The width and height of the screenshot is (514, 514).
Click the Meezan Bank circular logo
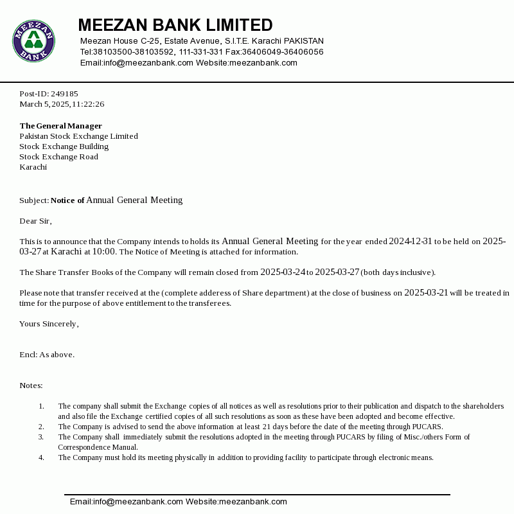tap(33, 40)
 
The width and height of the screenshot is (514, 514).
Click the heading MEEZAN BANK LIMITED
tap(175, 25)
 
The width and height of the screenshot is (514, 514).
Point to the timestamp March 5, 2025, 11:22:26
tap(62, 104)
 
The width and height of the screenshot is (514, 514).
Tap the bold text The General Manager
tap(60, 126)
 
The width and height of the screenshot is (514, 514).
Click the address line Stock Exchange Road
tap(58, 157)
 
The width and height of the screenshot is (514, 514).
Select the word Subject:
tap(34, 200)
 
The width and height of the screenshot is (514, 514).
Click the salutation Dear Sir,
tap(35, 221)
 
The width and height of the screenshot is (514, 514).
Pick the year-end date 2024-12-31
tap(411, 242)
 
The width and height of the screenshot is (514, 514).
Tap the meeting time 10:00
tap(104, 252)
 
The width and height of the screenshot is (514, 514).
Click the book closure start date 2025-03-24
tap(282, 272)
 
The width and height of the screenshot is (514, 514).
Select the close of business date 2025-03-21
tap(426, 293)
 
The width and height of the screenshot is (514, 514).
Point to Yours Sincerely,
tap(49, 324)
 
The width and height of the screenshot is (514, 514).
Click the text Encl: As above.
tap(47, 355)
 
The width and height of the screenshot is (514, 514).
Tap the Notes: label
tap(31, 385)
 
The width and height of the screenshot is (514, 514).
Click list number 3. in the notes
tap(41, 437)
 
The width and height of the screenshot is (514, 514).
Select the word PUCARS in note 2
tap(427, 427)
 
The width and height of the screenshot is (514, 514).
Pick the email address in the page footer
tap(127, 502)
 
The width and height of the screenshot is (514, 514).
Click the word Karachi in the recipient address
tap(33, 167)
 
